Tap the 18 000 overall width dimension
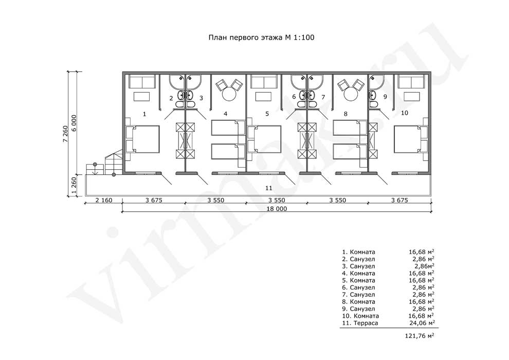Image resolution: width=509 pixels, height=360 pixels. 277,209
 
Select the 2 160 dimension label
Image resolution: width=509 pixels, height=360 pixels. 104,200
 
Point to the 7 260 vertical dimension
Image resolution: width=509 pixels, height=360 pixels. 66,133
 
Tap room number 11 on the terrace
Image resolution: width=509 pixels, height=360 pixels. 269,188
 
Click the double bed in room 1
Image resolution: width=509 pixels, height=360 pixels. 143,139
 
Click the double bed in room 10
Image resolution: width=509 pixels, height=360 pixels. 411,139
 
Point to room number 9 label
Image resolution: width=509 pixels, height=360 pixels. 385,97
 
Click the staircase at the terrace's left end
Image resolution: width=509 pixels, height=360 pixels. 104,163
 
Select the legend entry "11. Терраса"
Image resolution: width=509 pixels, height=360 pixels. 360,323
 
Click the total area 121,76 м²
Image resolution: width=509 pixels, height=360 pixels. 420,336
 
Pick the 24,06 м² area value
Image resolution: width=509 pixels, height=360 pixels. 422,322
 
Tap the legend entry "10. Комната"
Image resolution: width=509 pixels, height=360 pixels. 360,316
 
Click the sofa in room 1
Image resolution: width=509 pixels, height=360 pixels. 142,81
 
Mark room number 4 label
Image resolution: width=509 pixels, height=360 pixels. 226,114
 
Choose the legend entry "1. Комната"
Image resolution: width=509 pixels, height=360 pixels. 358,252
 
